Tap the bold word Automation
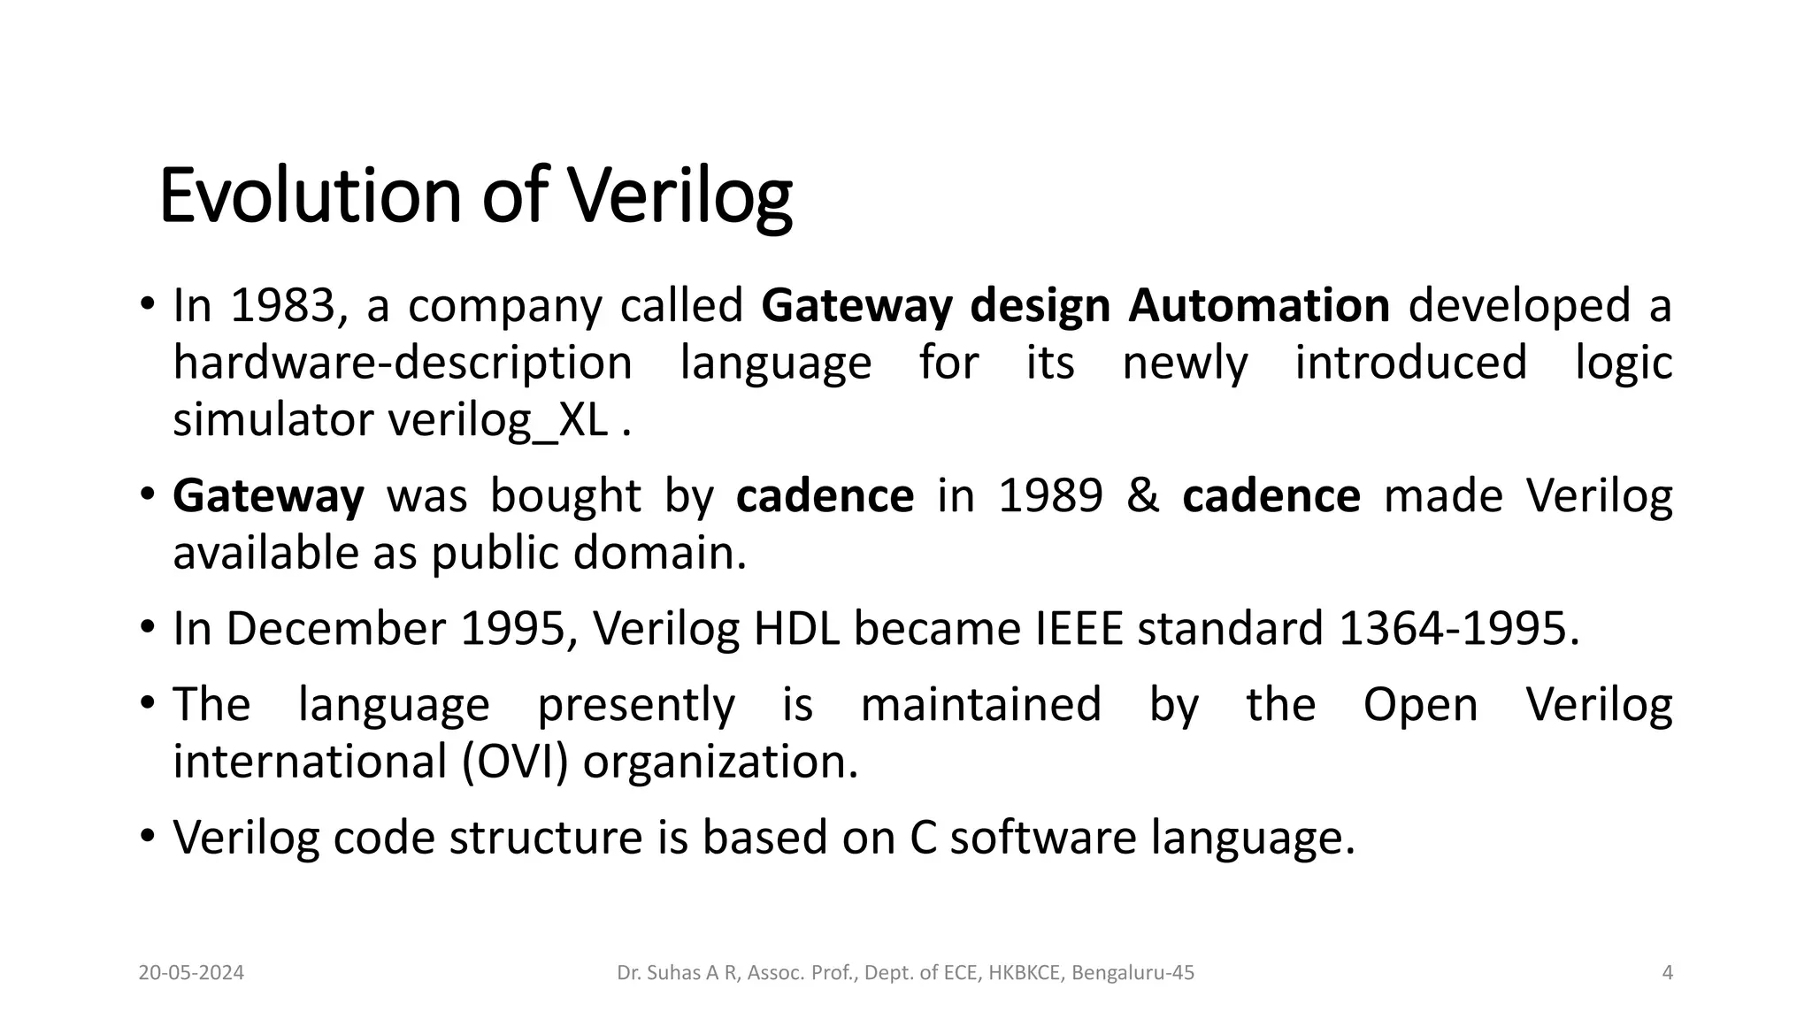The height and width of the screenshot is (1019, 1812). [x=1259, y=305]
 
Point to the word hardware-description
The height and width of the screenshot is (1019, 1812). [x=403, y=363]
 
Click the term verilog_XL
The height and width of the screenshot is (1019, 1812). [x=498, y=420]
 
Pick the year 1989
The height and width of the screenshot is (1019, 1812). [x=1050, y=495]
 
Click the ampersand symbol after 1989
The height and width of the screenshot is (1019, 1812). [x=1143, y=495]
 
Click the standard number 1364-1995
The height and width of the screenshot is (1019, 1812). [x=1458, y=629]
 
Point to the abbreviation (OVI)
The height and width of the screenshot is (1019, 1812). [x=515, y=762]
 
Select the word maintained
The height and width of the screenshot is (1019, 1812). [x=980, y=705]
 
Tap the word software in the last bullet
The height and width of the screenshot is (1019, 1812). [x=1043, y=837]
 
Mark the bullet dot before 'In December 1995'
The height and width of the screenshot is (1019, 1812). [x=148, y=629]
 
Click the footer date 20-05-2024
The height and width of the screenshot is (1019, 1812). [x=191, y=973]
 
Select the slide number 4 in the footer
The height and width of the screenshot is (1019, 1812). [x=1668, y=973]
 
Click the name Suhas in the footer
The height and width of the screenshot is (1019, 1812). [x=674, y=973]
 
